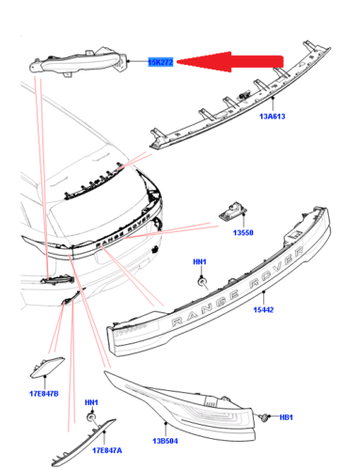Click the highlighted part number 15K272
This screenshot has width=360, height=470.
tap(160, 62)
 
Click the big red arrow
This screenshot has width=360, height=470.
tap(230, 62)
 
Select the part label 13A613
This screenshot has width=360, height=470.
tap(273, 117)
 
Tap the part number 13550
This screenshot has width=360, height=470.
tap(243, 232)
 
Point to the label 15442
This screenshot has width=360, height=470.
tap(263, 309)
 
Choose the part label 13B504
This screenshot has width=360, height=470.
tap(165, 441)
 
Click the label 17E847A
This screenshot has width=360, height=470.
tap(107, 450)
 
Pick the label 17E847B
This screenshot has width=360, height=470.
tap(44, 394)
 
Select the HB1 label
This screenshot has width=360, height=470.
tap(286, 417)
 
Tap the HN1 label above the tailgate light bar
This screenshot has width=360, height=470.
tap(199, 261)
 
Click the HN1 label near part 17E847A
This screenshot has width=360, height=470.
tap(91, 402)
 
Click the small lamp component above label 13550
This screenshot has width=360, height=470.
tap(233, 211)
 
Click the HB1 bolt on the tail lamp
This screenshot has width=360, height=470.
tap(265, 417)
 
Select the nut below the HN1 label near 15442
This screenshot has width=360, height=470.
tap(202, 282)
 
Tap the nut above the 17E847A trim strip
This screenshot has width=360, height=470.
tap(91, 417)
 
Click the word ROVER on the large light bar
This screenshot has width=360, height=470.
tap(276, 267)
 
